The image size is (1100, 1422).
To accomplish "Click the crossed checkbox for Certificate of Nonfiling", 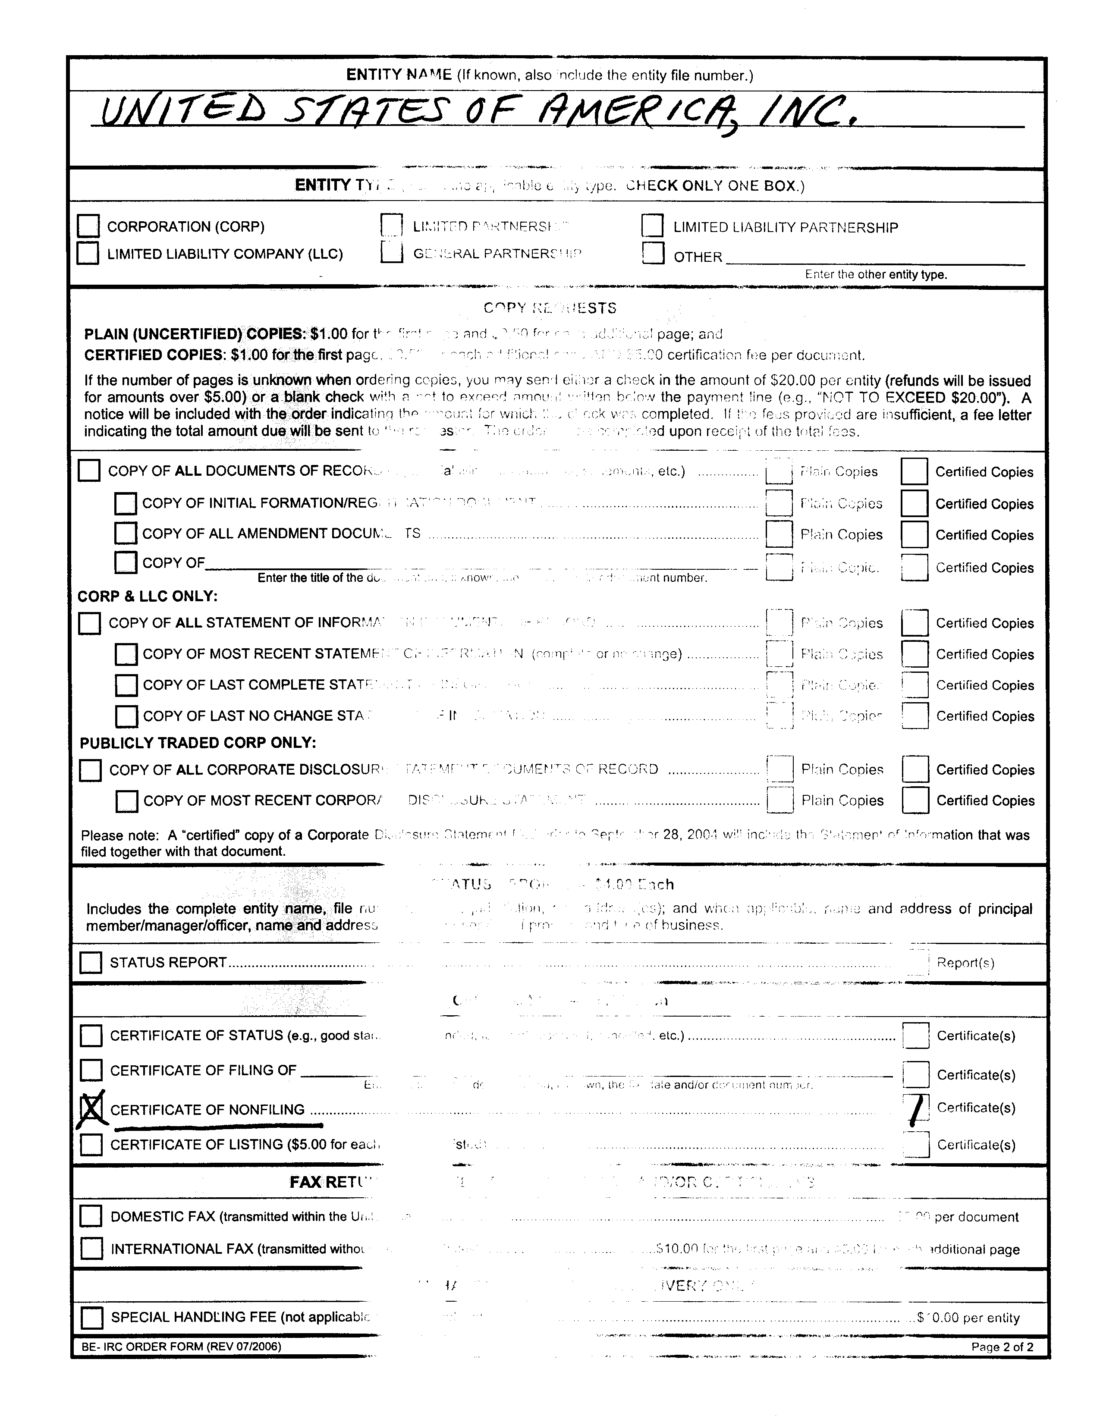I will click(x=91, y=1109).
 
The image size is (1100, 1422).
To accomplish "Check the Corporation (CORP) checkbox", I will click(x=88, y=226).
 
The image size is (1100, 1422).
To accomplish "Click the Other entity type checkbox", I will click(x=653, y=253).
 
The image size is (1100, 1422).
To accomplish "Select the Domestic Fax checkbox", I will click(x=91, y=1215).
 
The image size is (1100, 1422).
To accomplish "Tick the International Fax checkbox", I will click(x=91, y=1248).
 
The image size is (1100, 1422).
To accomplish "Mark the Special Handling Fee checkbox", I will click(x=92, y=1317).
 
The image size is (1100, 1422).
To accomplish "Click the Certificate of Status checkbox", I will click(x=91, y=1035).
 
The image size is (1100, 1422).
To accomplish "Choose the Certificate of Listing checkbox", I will click(x=91, y=1144).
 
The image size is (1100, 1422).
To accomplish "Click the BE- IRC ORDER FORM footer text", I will click(x=181, y=1346).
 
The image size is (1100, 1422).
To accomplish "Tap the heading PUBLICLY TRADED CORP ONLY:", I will click(x=197, y=743).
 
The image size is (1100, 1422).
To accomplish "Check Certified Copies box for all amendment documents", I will click(x=915, y=534).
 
